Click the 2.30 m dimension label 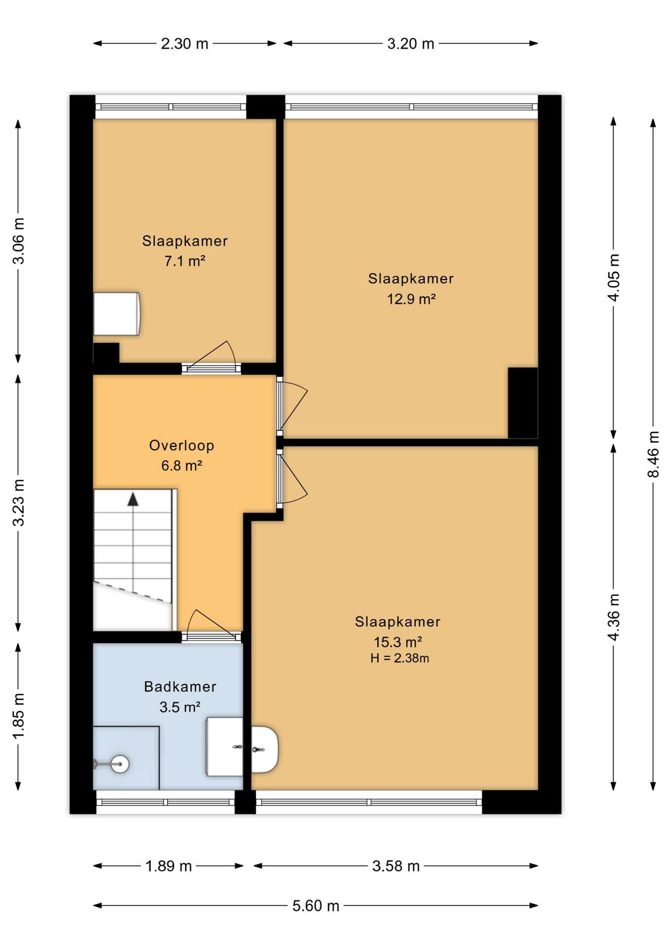pyautogui.click(x=184, y=44)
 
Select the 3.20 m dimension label pyautogui.click(x=411, y=44)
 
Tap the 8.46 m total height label pyautogui.click(x=653, y=454)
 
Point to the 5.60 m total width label pyautogui.click(x=316, y=906)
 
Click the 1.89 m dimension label pyautogui.click(x=168, y=866)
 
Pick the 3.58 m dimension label pyautogui.click(x=396, y=866)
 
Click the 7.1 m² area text pyautogui.click(x=185, y=260)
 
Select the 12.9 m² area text pyautogui.click(x=411, y=299)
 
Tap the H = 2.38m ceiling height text pyautogui.click(x=400, y=658)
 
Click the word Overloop pyautogui.click(x=182, y=445)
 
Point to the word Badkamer pyautogui.click(x=180, y=687)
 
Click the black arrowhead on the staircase pyautogui.click(x=133, y=499)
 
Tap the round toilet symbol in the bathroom pyautogui.click(x=120, y=764)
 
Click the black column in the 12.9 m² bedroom pyautogui.click(x=523, y=402)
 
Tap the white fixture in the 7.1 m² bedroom pyautogui.click(x=117, y=314)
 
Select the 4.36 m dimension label pyautogui.click(x=614, y=617)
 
